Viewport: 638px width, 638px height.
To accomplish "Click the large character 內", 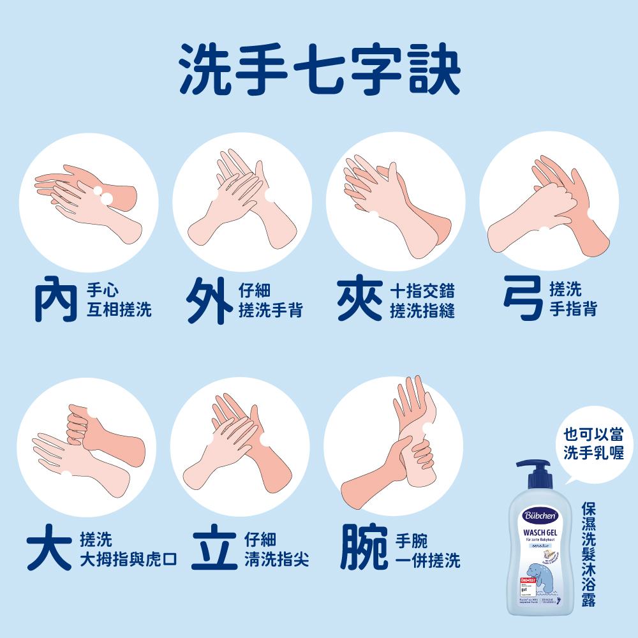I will pyautogui.click(x=56, y=300).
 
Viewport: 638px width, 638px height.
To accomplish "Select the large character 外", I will pyautogui.click(x=209, y=300).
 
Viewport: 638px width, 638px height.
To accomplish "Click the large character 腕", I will pyautogui.click(x=364, y=548).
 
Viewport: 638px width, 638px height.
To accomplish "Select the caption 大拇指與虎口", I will pyautogui.click(x=128, y=560).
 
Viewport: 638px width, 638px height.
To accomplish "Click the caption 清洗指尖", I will pyautogui.click(x=276, y=560).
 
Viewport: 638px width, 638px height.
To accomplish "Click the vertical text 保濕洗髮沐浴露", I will pyautogui.click(x=588, y=554).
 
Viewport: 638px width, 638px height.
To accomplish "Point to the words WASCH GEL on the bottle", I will pyautogui.click(x=540, y=531).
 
